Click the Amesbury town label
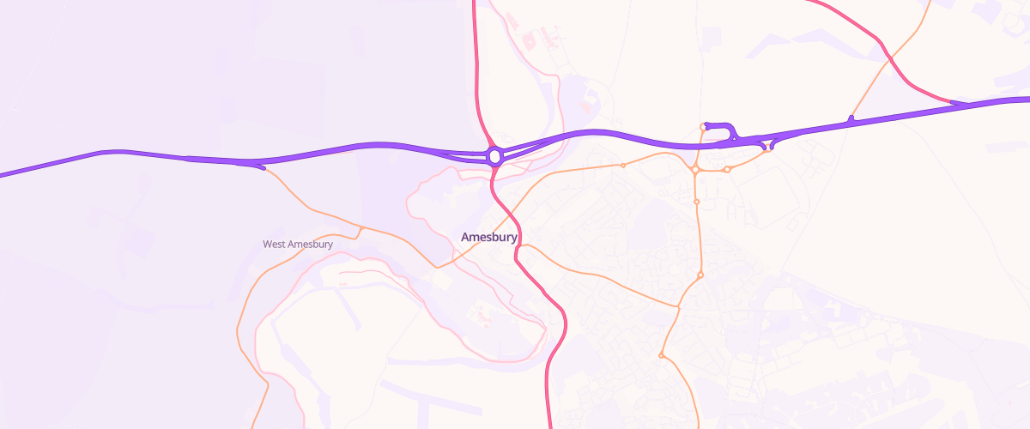coord(488,237)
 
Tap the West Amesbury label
coord(297,245)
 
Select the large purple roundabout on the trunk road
coord(494,156)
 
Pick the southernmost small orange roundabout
coord(661,355)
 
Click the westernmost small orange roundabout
coord(623,165)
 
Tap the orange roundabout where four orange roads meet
coord(694,170)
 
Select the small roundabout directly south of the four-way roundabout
coord(696,202)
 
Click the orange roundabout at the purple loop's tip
coord(703,128)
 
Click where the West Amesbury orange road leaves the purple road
coord(263,167)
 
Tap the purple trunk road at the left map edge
coord(3,175)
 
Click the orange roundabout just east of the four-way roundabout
coord(726,170)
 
